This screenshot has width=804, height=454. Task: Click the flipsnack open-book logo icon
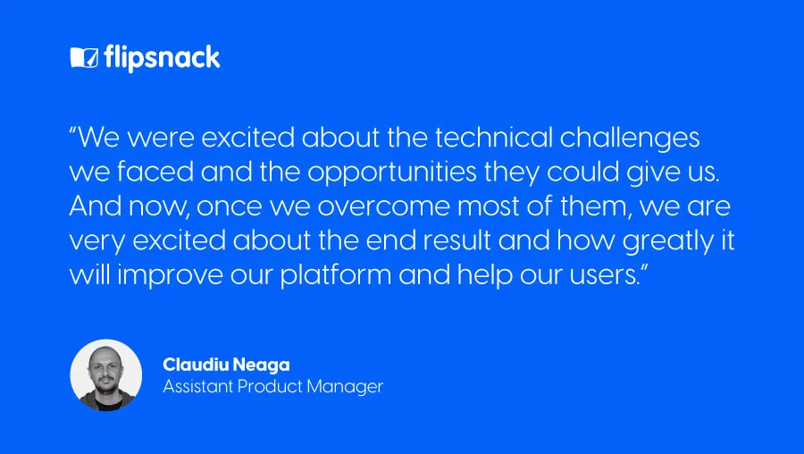(84, 57)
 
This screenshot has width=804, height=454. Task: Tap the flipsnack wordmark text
(162, 57)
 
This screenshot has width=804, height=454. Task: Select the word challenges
(630, 139)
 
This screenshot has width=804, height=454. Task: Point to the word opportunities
(392, 172)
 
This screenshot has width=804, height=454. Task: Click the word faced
(155, 172)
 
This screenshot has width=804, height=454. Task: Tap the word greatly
(667, 241)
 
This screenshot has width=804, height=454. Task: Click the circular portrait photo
(106, 375)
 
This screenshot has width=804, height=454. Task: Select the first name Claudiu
(196, 365)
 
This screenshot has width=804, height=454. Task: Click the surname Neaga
(262, 365)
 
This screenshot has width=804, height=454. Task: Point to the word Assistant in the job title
(198, 386)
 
